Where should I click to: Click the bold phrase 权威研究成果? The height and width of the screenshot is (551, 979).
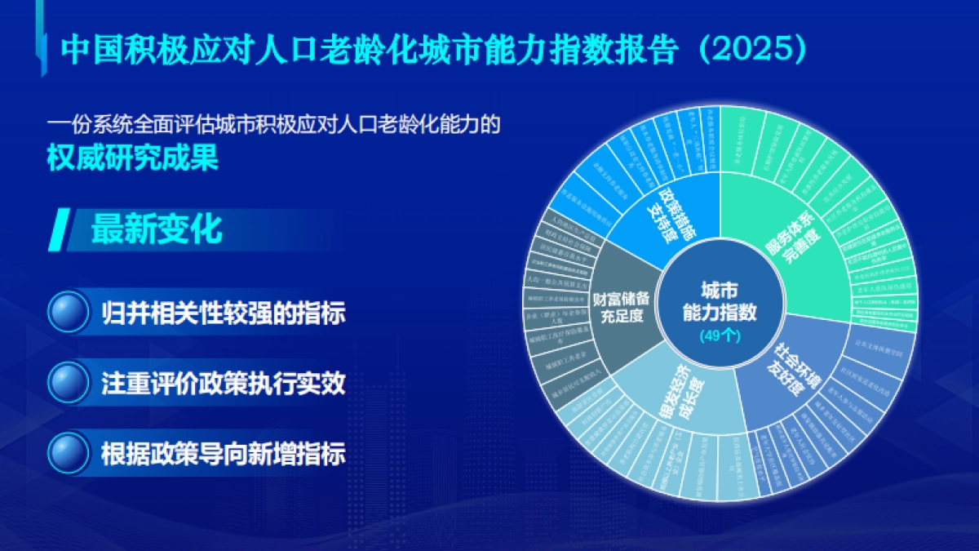[132, 158]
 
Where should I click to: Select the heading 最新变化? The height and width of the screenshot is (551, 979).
[156, 229]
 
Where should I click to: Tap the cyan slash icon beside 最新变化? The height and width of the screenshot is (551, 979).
[60, 229]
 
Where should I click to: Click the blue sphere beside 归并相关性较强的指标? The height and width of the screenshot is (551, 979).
[69, 312]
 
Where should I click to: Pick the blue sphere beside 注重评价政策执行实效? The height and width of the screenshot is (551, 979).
[69, 382]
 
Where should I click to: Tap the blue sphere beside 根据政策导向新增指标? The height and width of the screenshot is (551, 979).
[69, 451]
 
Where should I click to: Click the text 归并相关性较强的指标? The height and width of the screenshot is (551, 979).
[223, 313]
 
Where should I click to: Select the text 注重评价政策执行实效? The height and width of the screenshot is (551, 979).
[223, 383]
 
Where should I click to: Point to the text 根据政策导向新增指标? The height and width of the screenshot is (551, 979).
[223, 453]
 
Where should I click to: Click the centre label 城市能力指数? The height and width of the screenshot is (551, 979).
[720, 300]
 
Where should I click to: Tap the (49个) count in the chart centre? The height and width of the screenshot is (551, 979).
[720, 335]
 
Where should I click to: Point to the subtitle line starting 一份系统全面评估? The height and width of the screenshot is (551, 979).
[272, 127]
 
